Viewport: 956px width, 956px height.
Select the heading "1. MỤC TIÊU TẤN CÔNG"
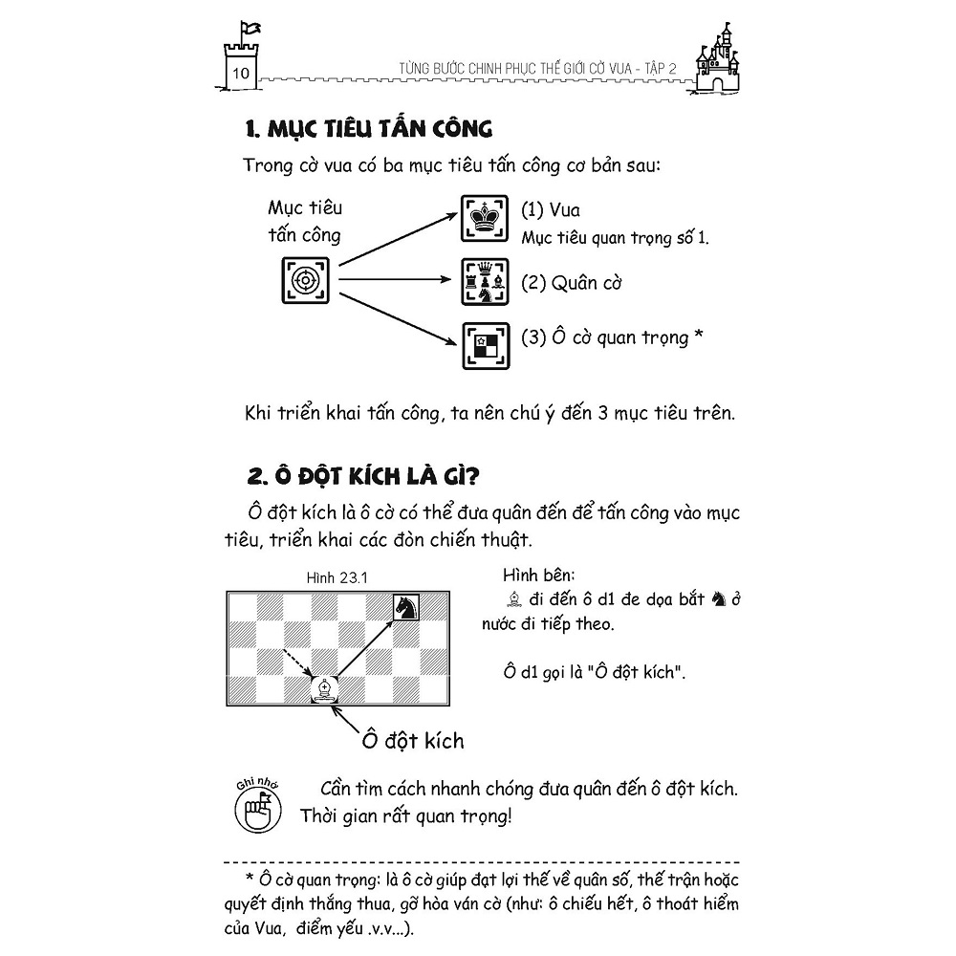click(369, 129)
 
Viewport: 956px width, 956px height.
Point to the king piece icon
click(487, 219)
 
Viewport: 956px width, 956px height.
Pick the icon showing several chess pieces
click(487, 283)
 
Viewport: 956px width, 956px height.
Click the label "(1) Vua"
click(551, 210)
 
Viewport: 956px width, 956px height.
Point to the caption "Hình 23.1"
click(337, 576)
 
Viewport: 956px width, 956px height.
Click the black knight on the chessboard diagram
click(408, 606)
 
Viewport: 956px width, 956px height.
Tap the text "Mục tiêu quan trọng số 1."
click(616, 237)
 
